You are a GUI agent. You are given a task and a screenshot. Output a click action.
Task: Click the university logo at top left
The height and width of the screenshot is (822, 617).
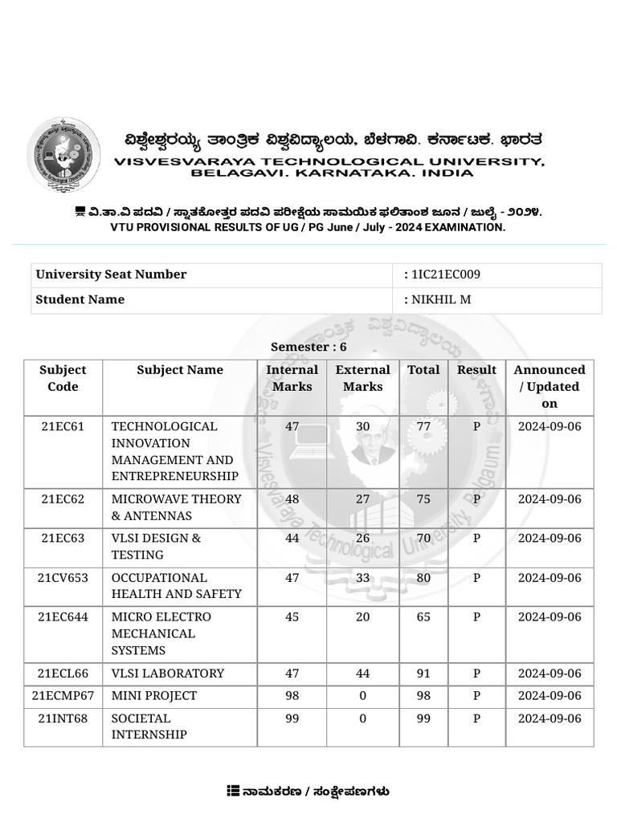[x=63, y=154]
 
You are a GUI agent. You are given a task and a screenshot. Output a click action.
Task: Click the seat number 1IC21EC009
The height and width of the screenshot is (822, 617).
[x=446, y=275]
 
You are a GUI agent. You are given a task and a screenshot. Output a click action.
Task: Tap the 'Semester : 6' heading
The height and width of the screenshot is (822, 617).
[x=308, y=347]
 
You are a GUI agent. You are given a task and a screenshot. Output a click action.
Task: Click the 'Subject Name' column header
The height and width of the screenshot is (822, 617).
[x=180, y=370]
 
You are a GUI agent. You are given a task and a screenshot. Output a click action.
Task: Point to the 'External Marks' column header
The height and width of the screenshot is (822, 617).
[x=362, y=378]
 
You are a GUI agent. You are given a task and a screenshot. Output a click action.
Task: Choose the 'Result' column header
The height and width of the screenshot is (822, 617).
[x=476, y=370]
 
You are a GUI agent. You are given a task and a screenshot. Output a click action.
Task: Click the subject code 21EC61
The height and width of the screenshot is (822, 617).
[x=63, y=426]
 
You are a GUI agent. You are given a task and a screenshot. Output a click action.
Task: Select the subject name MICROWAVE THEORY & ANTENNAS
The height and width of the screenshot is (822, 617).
[x=176, y=507]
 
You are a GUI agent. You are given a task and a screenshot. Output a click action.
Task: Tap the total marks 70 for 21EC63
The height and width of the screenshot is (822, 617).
[x=423, y=538]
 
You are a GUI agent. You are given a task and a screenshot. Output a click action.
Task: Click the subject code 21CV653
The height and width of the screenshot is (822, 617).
[x=63, y=578]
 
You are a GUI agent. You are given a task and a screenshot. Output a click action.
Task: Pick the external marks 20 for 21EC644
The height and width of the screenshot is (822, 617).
[x=362, y=617]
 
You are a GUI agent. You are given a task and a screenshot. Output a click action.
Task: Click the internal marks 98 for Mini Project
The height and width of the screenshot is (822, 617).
[x=292, y=695]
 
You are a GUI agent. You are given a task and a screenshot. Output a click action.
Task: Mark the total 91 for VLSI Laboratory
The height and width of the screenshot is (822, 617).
[x=423, y=673]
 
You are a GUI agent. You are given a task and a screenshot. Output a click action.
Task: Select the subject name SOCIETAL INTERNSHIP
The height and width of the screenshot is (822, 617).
[x=149, y=726]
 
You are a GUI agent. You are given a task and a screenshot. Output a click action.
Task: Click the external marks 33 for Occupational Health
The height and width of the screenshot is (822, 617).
[x=362, y=578]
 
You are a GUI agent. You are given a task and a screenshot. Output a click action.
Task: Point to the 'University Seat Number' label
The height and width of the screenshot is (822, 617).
[x=111, y=275]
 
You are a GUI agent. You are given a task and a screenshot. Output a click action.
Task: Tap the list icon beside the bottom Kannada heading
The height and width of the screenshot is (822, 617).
[x=233, y=791]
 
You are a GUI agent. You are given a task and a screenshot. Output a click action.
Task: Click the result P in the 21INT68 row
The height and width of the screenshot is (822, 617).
[x=476, y=718]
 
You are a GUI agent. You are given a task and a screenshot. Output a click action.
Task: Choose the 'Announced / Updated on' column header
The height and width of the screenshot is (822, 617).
[x=550, y=386]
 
